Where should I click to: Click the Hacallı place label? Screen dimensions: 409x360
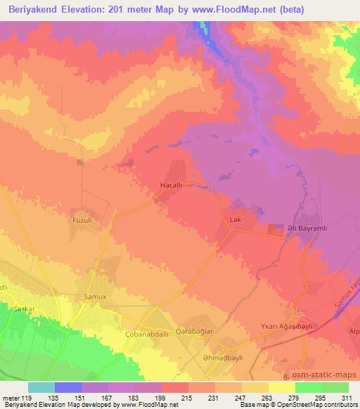click(173, 186)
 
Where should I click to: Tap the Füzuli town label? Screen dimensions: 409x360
click(84, 220)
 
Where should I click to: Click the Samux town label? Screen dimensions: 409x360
click(95, 296)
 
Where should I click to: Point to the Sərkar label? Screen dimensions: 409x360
click(24, 309)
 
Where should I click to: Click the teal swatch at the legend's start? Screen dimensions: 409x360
click(41, 387)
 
